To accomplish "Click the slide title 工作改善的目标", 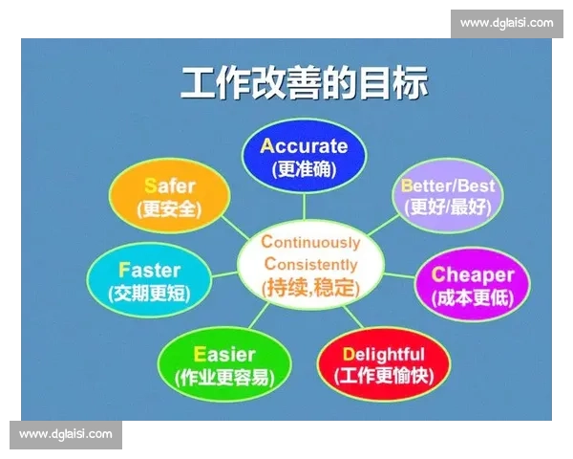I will pyautogui.click(x=305, y=83).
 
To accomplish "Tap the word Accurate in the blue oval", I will pyautogui.click(x=304, y=146).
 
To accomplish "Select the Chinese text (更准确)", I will pyautogui.click(x=304, y=170).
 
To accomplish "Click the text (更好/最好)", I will pyautogui.click(x=448, y=206).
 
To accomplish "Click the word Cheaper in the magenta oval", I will pyautogui.click(x=473, y=274).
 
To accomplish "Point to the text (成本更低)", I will pyautogui.click(x=473, y=297).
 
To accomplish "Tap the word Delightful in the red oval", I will pyautogui.click(x=383, y=354).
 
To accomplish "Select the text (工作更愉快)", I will pyautogui.click(x=383, y=377).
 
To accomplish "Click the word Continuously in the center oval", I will pyautogui.click(x=311, y=242).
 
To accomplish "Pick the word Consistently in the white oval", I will pyautogui.click(x=311, y=263).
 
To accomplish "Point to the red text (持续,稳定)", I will pyautogui.click(x=311, y=286).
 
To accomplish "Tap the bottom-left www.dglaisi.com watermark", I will pyautogui.click(x=65, y=434).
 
